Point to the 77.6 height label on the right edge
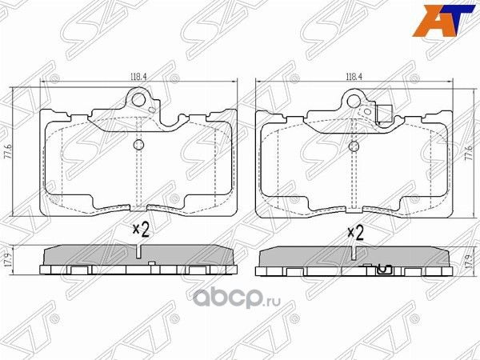point(468,151)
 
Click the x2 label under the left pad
point(141,231)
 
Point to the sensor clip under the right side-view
point(382,270)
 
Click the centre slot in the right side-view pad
point(354,254)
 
